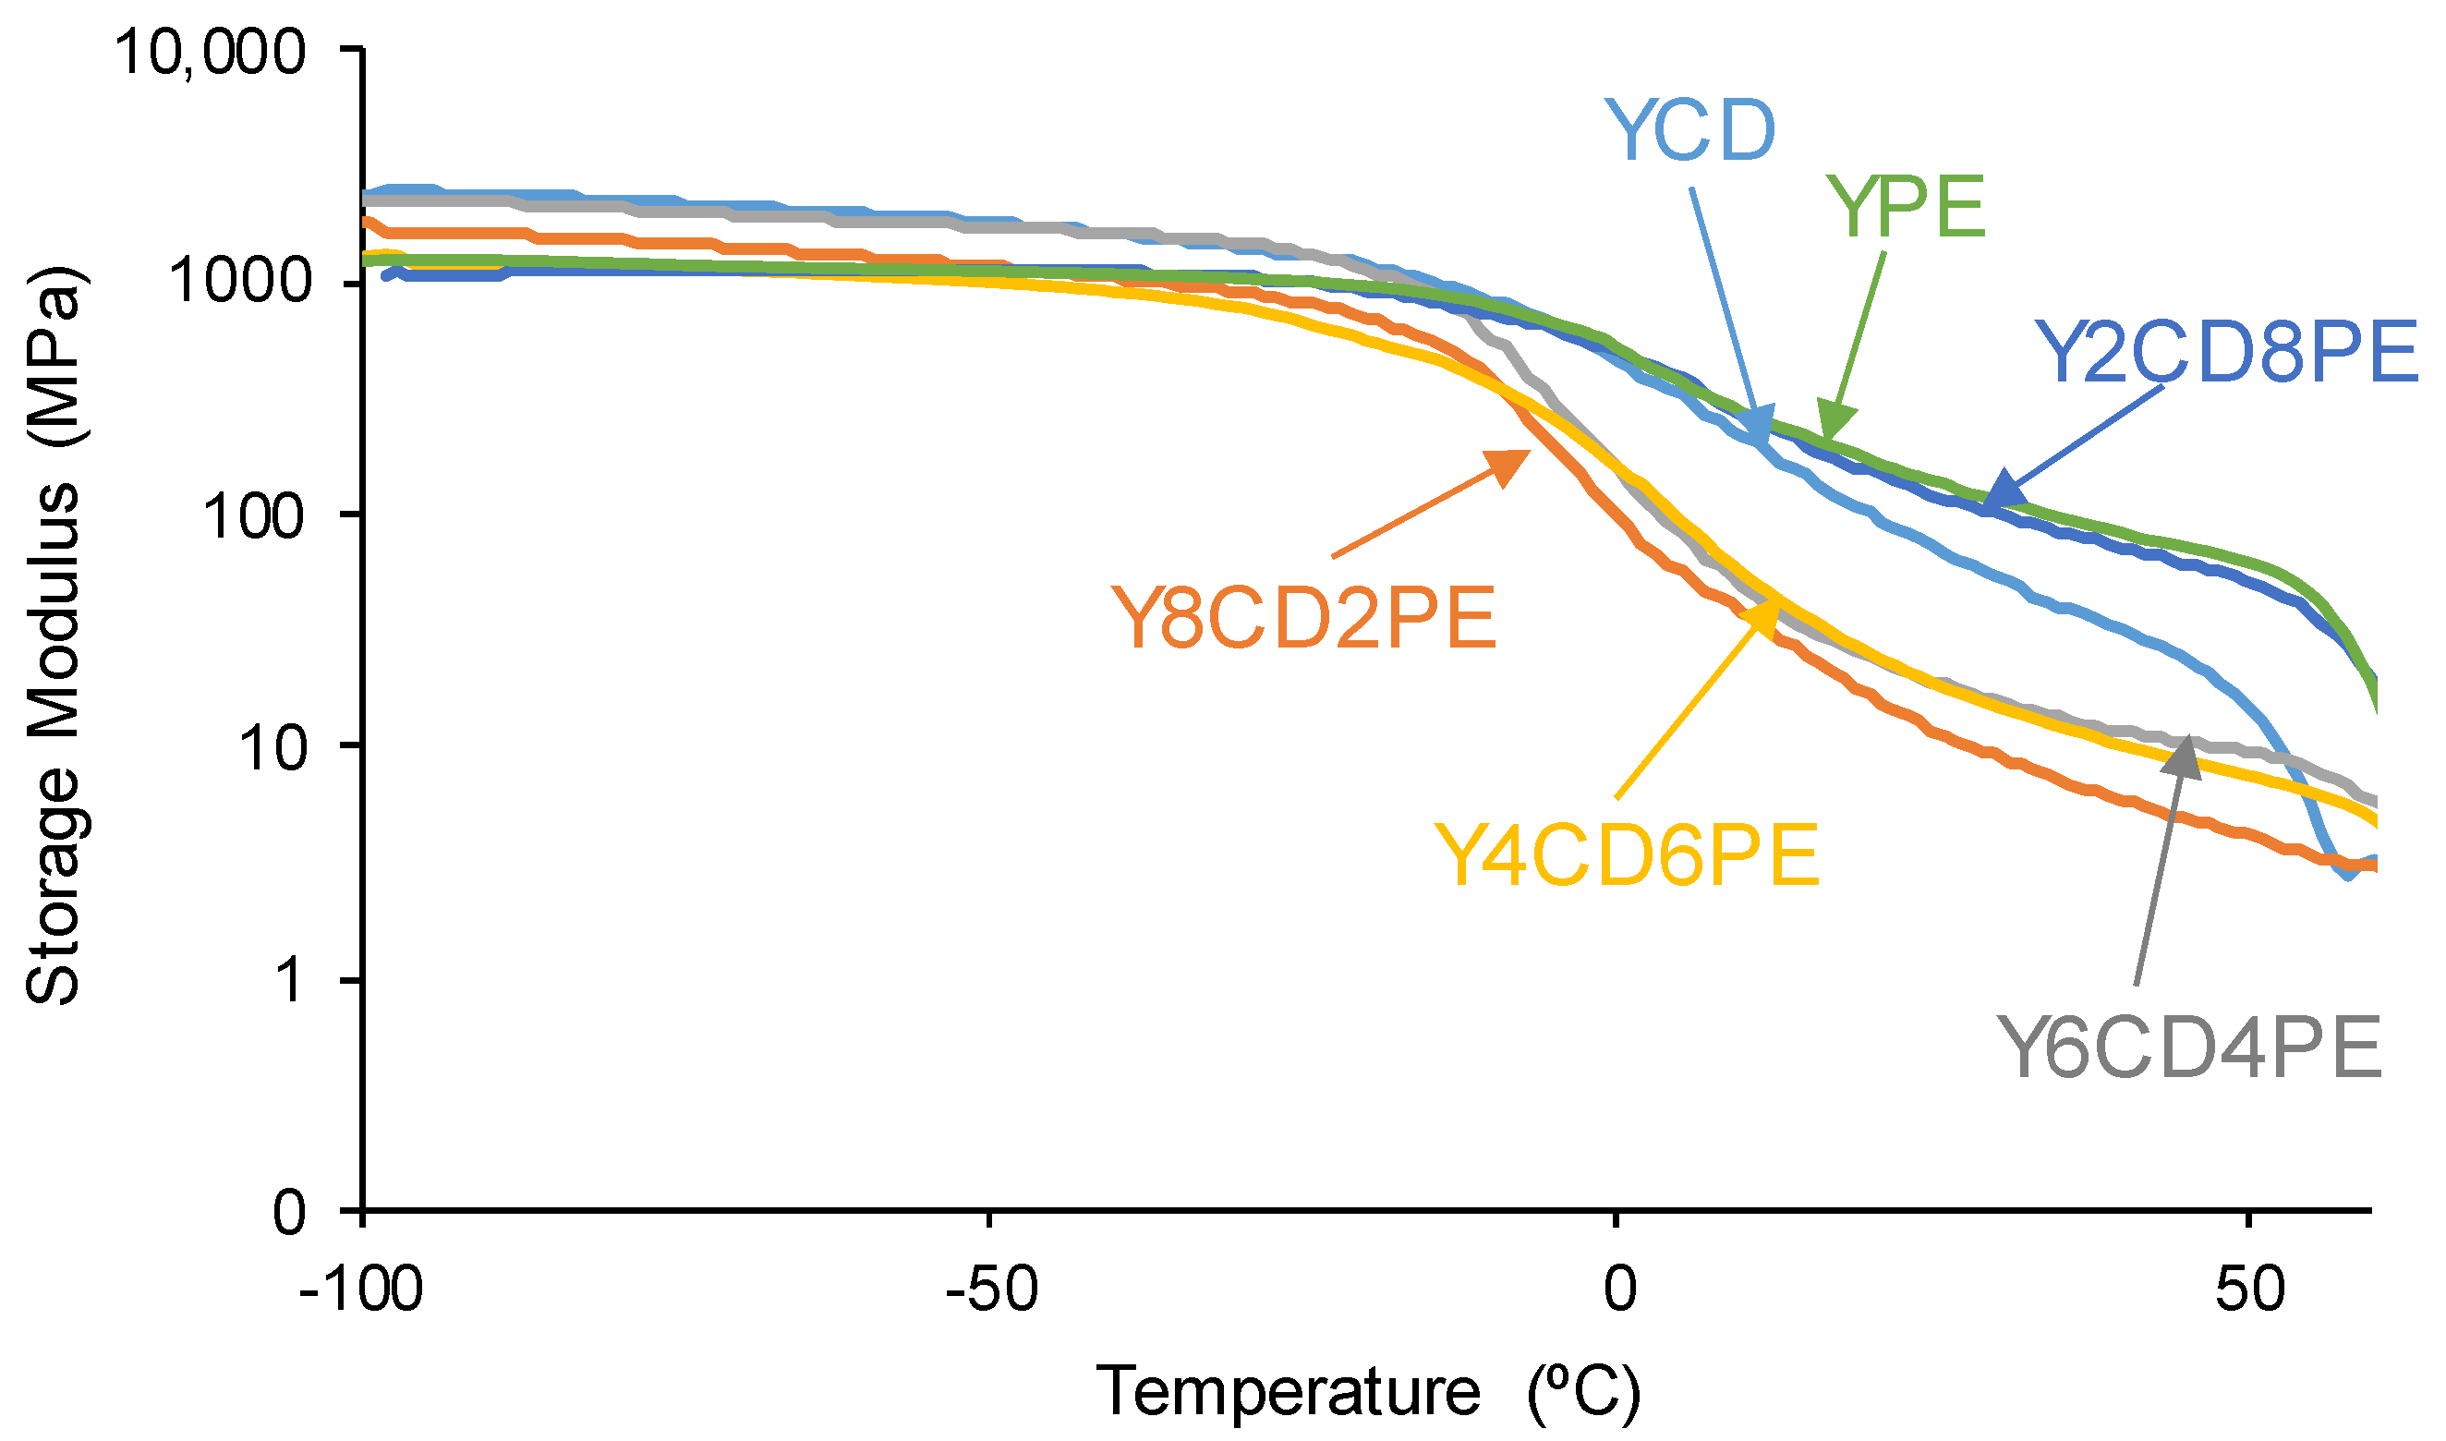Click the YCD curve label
[1689, 130]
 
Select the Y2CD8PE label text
[2224, 352]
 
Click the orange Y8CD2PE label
[1302, 619]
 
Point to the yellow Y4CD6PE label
[1626, 855]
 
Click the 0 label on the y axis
[289, 1212]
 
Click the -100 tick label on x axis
[361, 1290]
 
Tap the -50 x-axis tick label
[991, 1290]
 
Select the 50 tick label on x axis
[2250, 1290]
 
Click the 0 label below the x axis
[1619, 1290]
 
